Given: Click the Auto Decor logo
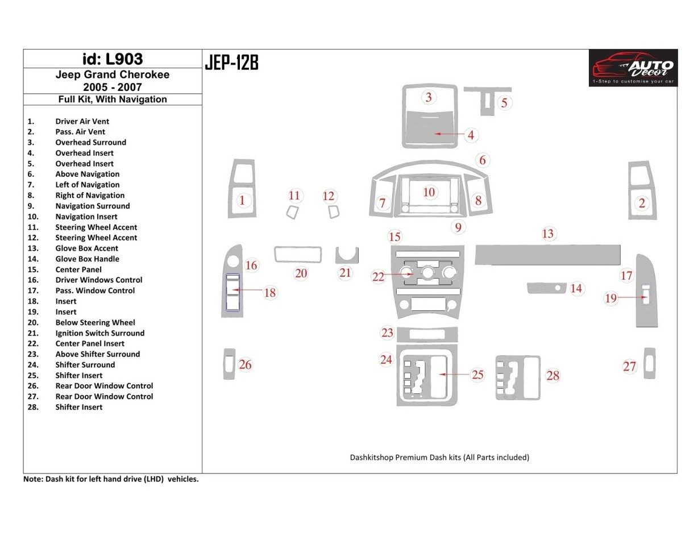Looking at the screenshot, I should coord(633,68).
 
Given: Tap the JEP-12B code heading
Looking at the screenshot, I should coord(231,63).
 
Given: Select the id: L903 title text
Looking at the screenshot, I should coord(113,59).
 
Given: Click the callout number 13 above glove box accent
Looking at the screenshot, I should coord(547,234).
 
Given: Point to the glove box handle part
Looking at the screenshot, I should coord(546,288).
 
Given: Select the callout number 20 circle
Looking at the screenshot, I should coord(301,273).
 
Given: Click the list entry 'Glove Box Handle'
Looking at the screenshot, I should coord(87,259).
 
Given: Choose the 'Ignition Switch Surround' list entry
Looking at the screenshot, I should coord(99,333).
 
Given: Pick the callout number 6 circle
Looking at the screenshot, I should coord(482,160).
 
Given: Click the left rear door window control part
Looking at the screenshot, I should coord(228,364).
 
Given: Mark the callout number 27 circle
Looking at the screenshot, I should coord(629,367).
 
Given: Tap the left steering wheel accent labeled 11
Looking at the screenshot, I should coord(293,213).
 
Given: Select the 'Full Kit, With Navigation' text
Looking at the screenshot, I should coord(113,99).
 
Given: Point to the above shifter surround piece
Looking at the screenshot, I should coord(427,334).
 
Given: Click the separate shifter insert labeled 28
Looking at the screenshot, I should coord(517,378).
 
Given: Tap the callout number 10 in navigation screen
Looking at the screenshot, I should coord(429,192).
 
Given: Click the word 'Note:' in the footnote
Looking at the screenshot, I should coord(33,479).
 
